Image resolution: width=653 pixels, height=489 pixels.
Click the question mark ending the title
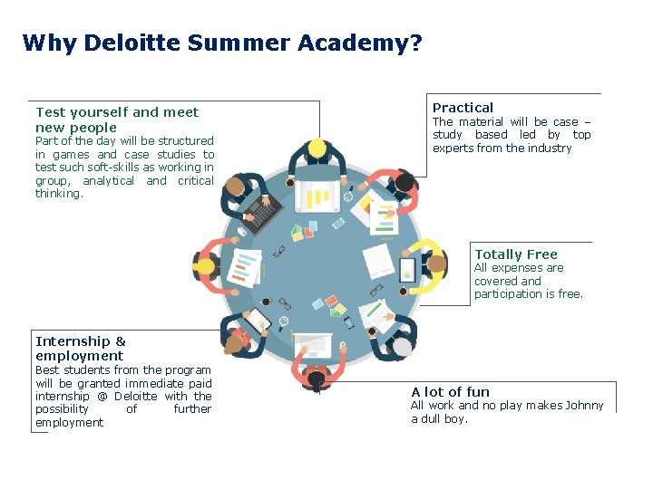(416, 43)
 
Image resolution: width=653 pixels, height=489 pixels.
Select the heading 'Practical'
(463, 108)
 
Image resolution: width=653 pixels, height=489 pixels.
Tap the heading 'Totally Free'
(515, 254)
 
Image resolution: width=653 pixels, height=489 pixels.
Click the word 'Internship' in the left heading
(72, 341)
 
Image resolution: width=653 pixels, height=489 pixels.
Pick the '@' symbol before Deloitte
(103, 396)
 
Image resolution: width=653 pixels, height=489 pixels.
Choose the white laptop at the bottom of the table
(311, 343)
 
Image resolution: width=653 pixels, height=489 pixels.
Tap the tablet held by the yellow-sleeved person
(407, 268)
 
